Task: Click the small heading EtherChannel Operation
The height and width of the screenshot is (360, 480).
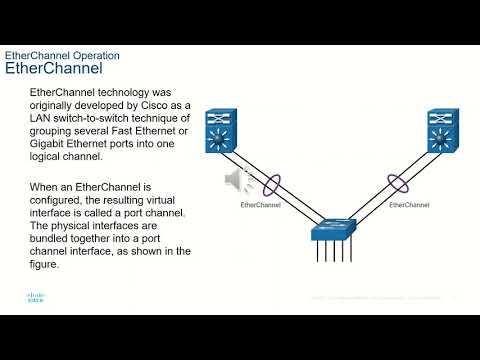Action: tap(63, 55)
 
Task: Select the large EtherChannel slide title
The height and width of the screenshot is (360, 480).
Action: tap(54, 70)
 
